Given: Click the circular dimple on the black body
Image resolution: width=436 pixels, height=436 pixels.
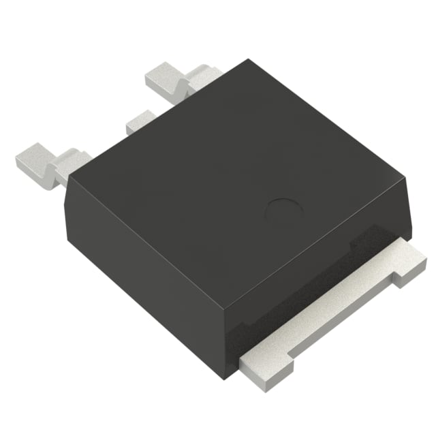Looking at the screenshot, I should point(282,210).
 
